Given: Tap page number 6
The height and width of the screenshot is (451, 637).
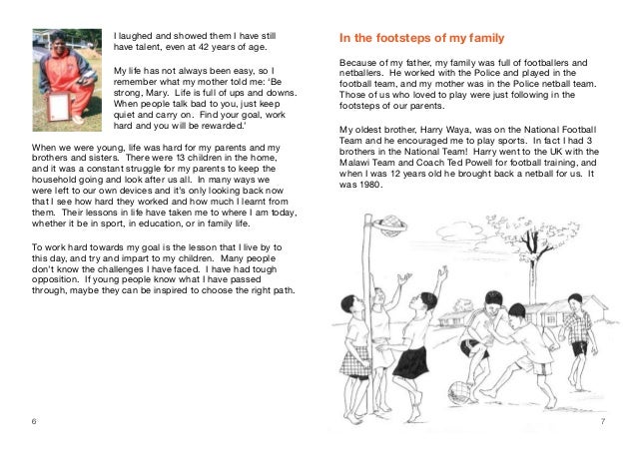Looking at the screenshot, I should point(34,422).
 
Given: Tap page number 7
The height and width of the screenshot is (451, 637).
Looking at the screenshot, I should point(604,422).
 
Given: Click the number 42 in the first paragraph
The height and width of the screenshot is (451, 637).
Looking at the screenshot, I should point(218,46).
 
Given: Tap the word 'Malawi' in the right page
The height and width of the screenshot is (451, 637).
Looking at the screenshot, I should point(356,163).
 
